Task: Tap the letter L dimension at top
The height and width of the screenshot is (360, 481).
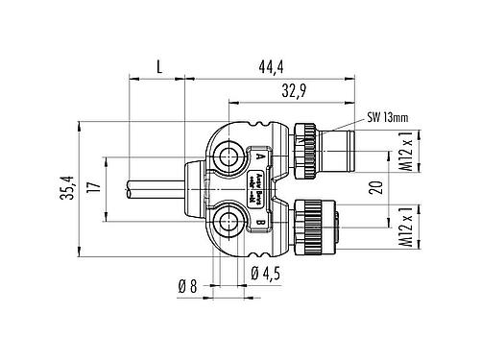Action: point(157,65)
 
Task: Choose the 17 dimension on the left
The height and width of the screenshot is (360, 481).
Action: point(93,189)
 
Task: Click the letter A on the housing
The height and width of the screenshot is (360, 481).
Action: point(260,155)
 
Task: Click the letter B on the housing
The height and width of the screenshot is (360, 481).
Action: point(260,223)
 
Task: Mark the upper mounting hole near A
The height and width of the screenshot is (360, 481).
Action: point(230,155)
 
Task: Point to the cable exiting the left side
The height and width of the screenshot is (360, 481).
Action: point(144,189)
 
